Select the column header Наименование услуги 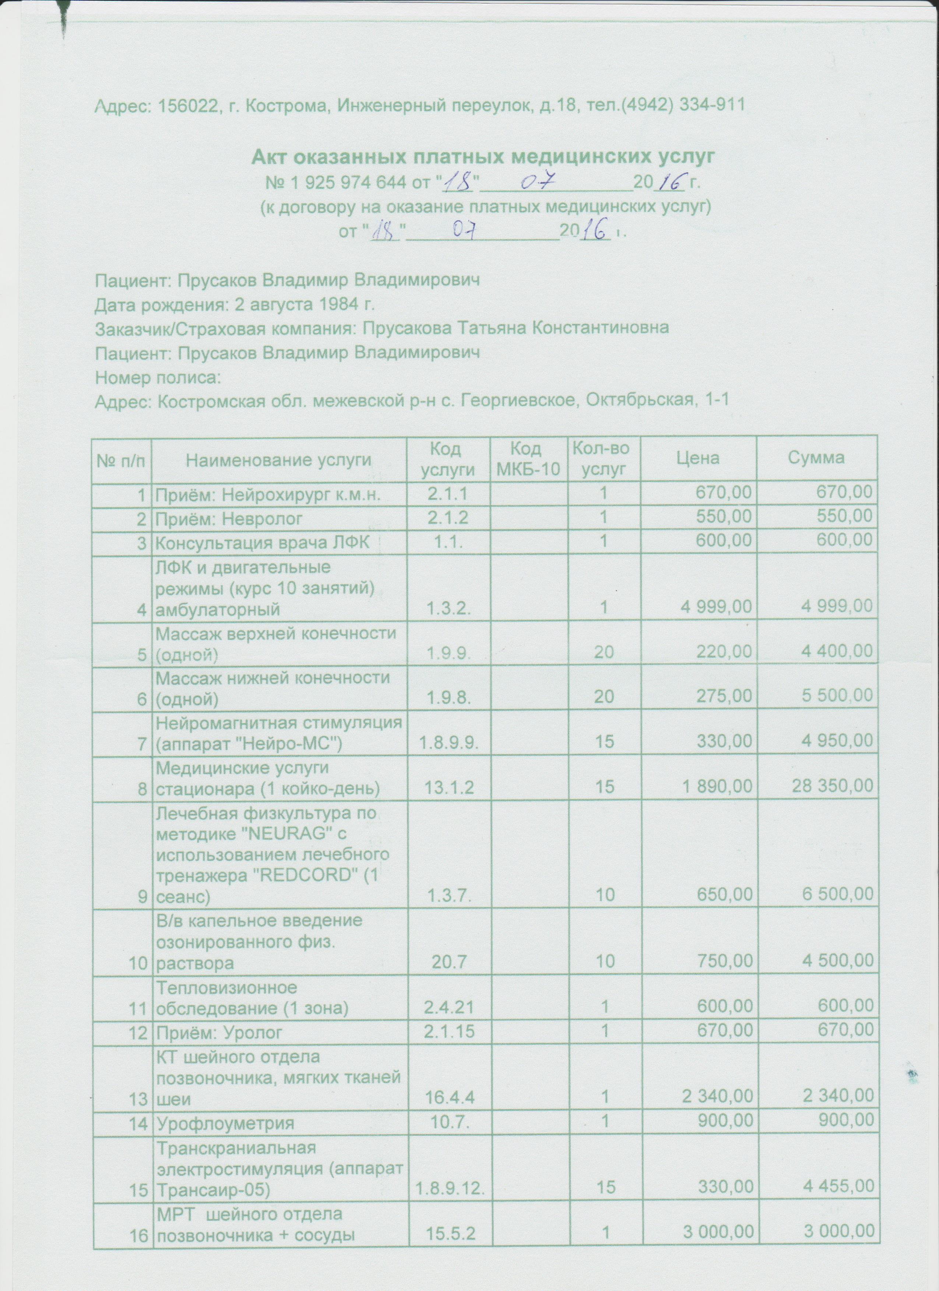tap(279, 460)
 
